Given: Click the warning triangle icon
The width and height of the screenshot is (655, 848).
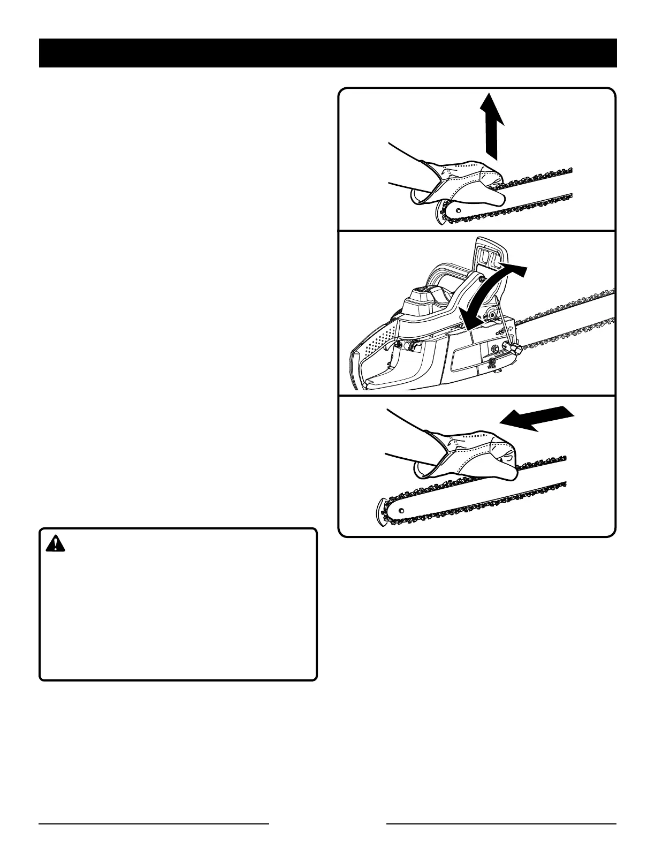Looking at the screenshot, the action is coord(55,544).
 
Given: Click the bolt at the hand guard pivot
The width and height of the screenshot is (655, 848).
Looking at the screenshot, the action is coord(482,279).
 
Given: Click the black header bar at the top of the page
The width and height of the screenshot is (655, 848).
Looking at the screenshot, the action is coord(327,53).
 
